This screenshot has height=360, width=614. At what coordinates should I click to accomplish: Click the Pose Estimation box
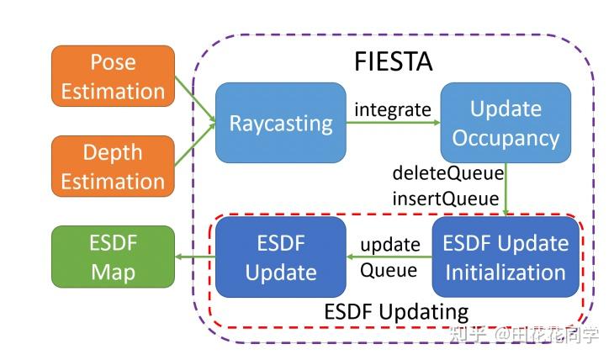point(113,77)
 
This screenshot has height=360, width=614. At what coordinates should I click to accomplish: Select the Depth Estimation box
point(113,167)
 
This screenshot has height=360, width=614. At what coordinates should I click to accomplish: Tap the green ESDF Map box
point(113,258)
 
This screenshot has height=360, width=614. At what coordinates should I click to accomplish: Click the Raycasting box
point(281,123)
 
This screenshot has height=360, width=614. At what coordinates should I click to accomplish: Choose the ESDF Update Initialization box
point(505,257)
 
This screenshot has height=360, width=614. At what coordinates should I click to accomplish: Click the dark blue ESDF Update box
point(281,257)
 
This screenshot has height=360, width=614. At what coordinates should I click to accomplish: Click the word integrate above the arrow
point(392,109)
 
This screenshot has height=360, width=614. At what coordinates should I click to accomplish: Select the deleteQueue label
point(448,174)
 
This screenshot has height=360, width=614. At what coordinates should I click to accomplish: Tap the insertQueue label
point(446,199)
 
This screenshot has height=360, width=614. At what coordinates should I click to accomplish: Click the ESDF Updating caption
point(396,310)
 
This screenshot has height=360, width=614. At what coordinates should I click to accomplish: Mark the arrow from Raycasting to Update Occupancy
point(392,124)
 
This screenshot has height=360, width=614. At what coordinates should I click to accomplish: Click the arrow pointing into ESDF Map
point(195,257)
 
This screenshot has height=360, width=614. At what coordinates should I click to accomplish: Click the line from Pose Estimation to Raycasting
point(195,99)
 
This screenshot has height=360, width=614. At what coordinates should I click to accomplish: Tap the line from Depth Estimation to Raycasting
point(195,148)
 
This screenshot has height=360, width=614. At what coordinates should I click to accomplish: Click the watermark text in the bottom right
point(524,335)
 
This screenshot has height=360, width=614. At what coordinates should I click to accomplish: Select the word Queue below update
point(389,270)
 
